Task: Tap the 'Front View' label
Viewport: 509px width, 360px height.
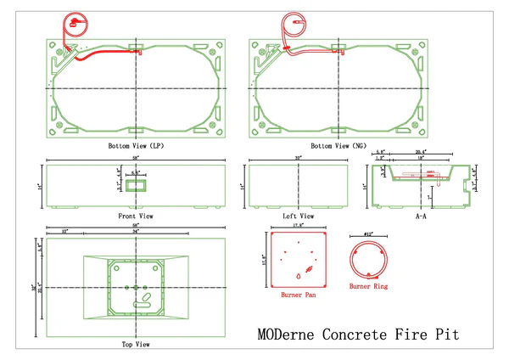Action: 136,217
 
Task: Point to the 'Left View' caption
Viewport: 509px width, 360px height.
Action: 298,217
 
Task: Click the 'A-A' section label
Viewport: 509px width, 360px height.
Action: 420,217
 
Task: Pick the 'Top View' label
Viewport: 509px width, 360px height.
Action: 136,345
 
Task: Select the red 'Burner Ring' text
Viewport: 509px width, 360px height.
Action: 369,287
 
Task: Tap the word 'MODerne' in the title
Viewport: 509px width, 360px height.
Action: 289,335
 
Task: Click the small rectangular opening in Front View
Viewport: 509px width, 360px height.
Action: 136,185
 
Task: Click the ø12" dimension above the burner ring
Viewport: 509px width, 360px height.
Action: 368,233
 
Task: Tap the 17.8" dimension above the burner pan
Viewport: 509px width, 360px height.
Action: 298,227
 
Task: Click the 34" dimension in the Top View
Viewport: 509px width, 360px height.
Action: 136,232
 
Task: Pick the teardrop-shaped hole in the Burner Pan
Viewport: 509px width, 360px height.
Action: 298,276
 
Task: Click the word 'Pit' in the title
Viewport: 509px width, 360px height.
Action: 447,335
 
